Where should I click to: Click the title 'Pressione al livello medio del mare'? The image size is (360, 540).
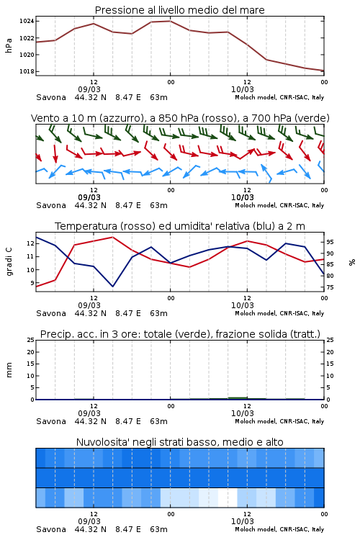(x=179, y=10)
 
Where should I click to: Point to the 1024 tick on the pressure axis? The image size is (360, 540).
(x=27, y=22)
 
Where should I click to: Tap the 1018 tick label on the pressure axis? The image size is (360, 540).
(x=27, y=71)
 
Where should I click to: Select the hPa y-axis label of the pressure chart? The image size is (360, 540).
(x=9, y=46)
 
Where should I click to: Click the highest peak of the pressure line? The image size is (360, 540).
(x=170, y=21)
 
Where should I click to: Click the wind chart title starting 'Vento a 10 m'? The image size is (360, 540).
(x=180, y=118)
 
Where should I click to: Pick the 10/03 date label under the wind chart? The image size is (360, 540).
(x=243, y=197)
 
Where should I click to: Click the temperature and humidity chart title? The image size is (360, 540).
(x=180, y=226)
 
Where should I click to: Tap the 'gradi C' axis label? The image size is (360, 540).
(x=9, y=262)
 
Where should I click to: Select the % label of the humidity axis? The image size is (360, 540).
(x=352, y=262)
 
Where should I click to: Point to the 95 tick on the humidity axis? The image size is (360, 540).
(x=330, y=243)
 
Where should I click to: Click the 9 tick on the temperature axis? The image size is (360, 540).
(x=32, y=283)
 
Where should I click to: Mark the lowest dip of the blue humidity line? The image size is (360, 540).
(x=112, y=287)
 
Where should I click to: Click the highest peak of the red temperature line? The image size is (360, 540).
(x=112, y=237)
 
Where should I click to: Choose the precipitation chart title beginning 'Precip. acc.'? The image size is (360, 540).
(x=180, y=334)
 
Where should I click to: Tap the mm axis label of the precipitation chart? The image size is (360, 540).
(x=9, y=370)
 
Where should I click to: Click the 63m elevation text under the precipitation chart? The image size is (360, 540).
(x=159, y=421)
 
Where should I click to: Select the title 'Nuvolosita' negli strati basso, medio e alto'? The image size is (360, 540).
(x=179, y=442)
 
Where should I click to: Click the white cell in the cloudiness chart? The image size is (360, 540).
(x=228, y=498)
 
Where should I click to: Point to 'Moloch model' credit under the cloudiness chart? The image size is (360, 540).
(x=256, y=529)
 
